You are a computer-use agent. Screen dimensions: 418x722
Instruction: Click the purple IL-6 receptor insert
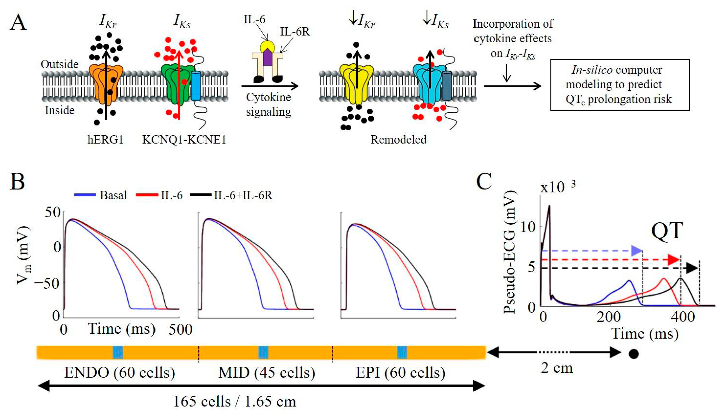click(x=268, y=57)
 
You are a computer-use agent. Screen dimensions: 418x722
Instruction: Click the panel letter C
click(x=484, y=182)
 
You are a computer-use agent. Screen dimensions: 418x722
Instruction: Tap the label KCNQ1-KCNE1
click(x=184, y=140)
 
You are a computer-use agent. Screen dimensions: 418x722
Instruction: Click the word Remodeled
click(x=398, y=140)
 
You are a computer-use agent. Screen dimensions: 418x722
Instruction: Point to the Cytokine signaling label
click(x=268, y=104)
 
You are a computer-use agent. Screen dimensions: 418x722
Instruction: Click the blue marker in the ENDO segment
click(x=118, y=352)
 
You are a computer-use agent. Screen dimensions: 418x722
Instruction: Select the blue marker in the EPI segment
click(x=402, y=352)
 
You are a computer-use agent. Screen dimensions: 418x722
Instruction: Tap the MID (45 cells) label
click(x=266, y=373)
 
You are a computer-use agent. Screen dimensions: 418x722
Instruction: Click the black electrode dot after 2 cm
click(x=634, y=354)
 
